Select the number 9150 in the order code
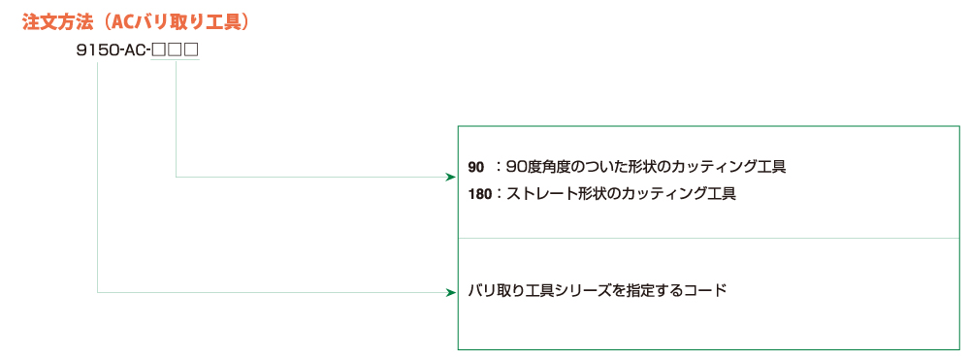click(97, 50)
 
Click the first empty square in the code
click(158, 50)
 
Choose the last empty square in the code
click(191, 50)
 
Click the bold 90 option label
click(475, 167)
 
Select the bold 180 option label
click(480, 194)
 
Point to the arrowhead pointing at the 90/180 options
click(452, 178)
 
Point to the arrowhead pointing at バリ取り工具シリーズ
click(452, 291)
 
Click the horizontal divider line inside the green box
click(708, 238)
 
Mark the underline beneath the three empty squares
click(175, 60)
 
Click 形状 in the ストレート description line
click(590, 194)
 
